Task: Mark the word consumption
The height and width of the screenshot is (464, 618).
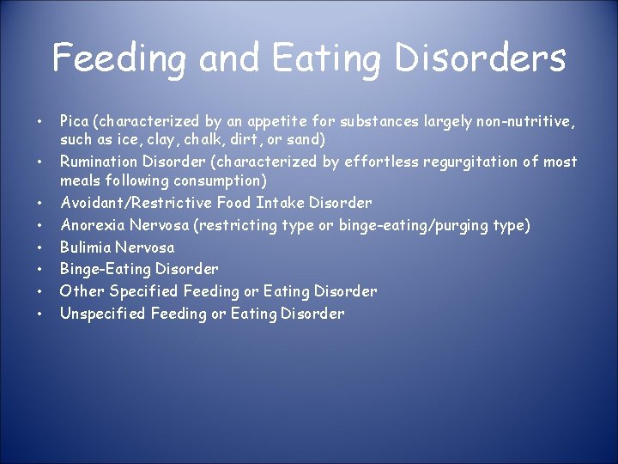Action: click(x=218, y=180)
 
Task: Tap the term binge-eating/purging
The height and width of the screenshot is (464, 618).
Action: click(x=409, y=225)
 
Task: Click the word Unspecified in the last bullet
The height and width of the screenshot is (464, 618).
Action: click(x=103, y=314)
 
